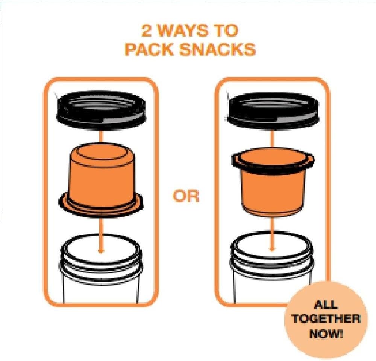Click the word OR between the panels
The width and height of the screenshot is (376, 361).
186,197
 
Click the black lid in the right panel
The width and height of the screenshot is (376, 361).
273,109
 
